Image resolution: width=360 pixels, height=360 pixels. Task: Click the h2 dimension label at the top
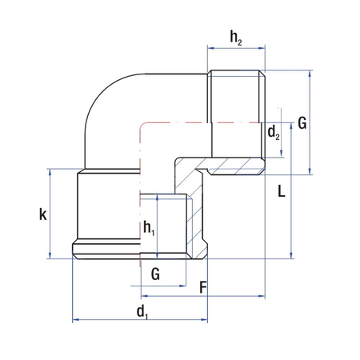coord(236,38)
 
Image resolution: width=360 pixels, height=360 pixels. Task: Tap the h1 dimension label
coord(149,228)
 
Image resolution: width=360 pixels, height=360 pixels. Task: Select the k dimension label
coord(43,214)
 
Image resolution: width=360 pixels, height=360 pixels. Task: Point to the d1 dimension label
coord(142,312)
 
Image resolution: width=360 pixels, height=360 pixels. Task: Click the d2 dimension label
coord(274,133)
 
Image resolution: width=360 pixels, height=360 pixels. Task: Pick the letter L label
coord(282,191)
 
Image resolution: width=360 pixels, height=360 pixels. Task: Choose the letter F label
coord(203,287)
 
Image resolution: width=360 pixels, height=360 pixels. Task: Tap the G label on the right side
coord(302,123)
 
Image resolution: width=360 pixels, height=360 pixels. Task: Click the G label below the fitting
coord(155,274)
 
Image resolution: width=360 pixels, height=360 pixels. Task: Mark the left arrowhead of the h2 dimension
coord(210,48)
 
